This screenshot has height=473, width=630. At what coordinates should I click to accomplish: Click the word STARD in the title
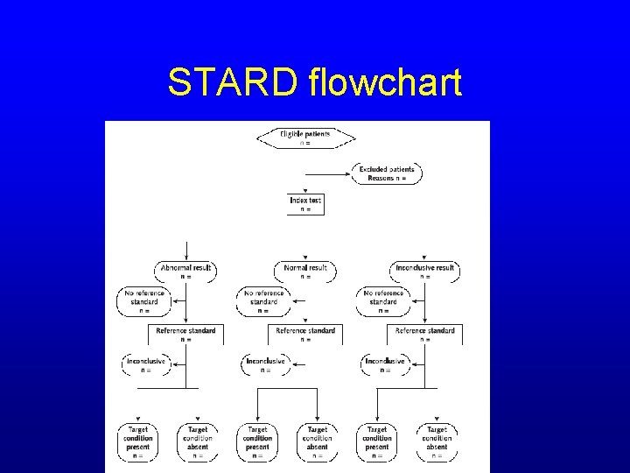[234, 82]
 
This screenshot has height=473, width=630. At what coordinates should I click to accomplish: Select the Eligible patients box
[305, 138]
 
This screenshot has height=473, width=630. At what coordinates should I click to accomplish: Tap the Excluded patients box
[387, 173]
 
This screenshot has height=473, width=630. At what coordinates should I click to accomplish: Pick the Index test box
[305, 204]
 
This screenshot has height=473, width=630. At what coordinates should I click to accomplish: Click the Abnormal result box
[185, 272]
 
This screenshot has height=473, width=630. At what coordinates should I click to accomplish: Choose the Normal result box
[305, 272]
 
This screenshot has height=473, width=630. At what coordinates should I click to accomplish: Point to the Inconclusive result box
[425, 272]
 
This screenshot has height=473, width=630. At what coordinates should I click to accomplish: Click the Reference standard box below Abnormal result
[185, 334]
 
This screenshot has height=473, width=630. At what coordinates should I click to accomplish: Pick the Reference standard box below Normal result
[305, 334]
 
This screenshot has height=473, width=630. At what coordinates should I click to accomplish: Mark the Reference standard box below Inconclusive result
[425, 334]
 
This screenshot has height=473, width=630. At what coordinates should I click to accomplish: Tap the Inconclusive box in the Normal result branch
[264, 364]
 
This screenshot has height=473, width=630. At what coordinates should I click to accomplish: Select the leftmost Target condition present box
[138, 442]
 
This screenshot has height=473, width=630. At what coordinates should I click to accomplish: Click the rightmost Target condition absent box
[437, 442]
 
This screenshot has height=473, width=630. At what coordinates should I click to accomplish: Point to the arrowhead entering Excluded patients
[354, 173]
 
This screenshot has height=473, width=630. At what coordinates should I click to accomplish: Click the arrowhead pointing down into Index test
[305, 191]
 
